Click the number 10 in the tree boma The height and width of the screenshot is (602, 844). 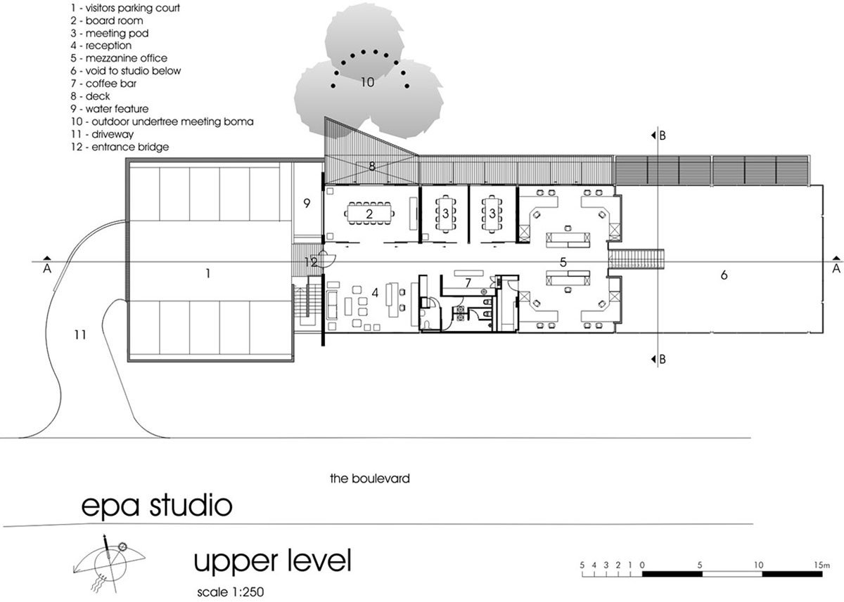click(367, 82)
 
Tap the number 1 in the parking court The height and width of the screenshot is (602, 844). click(207, 273)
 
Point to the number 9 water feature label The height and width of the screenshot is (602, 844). click(307, 203)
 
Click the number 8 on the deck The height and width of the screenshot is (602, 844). click(372, 167)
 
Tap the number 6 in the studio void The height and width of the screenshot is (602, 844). click(724, 275)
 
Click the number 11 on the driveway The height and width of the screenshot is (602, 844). click(79, 335)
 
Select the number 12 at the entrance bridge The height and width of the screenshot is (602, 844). click(310, 261)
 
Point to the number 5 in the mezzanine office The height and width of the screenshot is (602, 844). click(563, 261)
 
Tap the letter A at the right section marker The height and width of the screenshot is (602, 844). click(836, 268)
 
